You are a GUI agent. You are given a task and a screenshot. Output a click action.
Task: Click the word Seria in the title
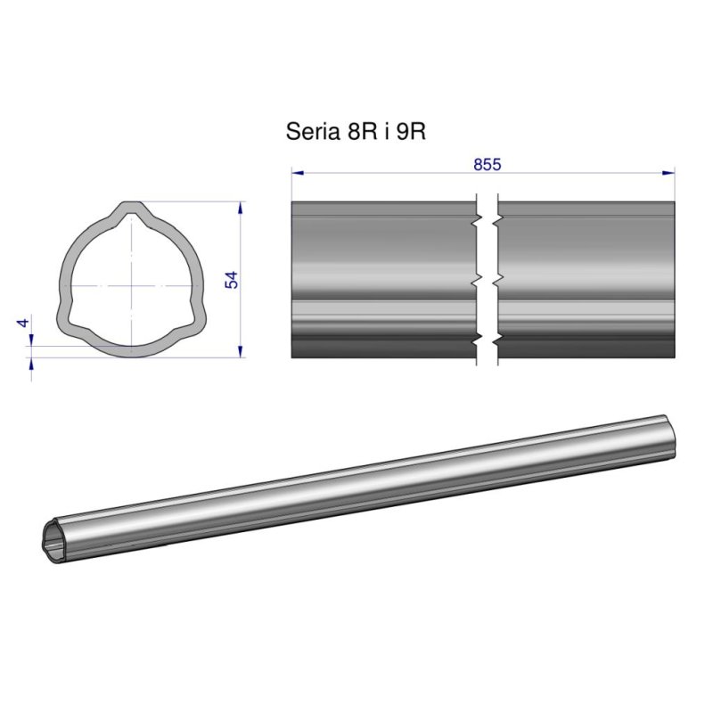coord(313,131)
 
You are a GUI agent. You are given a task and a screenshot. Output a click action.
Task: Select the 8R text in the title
coord(363,131)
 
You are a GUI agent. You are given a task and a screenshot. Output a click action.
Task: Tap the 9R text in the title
coord(411,131)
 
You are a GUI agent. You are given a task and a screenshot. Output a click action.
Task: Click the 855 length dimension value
coord(487,164)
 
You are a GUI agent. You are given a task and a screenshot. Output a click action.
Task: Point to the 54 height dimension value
coord(232,280)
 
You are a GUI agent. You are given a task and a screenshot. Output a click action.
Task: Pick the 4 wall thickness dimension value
coord(23,323)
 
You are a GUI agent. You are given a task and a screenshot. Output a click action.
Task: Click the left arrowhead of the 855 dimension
coord(298,173)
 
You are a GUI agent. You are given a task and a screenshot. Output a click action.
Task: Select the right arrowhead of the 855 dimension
coord(669,173)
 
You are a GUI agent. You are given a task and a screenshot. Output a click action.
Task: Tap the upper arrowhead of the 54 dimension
coord(240,208)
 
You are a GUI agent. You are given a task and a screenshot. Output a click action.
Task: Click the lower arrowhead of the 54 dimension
coord(240,351)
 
